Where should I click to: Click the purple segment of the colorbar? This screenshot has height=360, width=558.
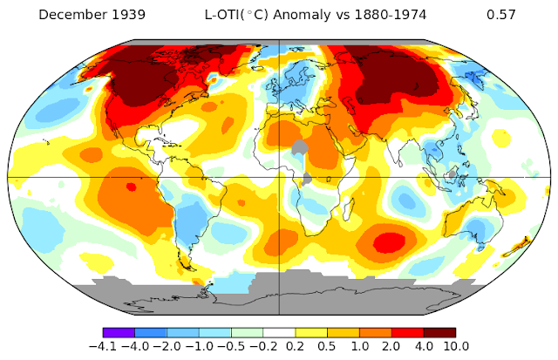118,332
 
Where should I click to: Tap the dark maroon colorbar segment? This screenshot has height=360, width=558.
439,332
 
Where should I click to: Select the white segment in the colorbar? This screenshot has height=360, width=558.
279,332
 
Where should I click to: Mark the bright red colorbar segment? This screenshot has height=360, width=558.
407,332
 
